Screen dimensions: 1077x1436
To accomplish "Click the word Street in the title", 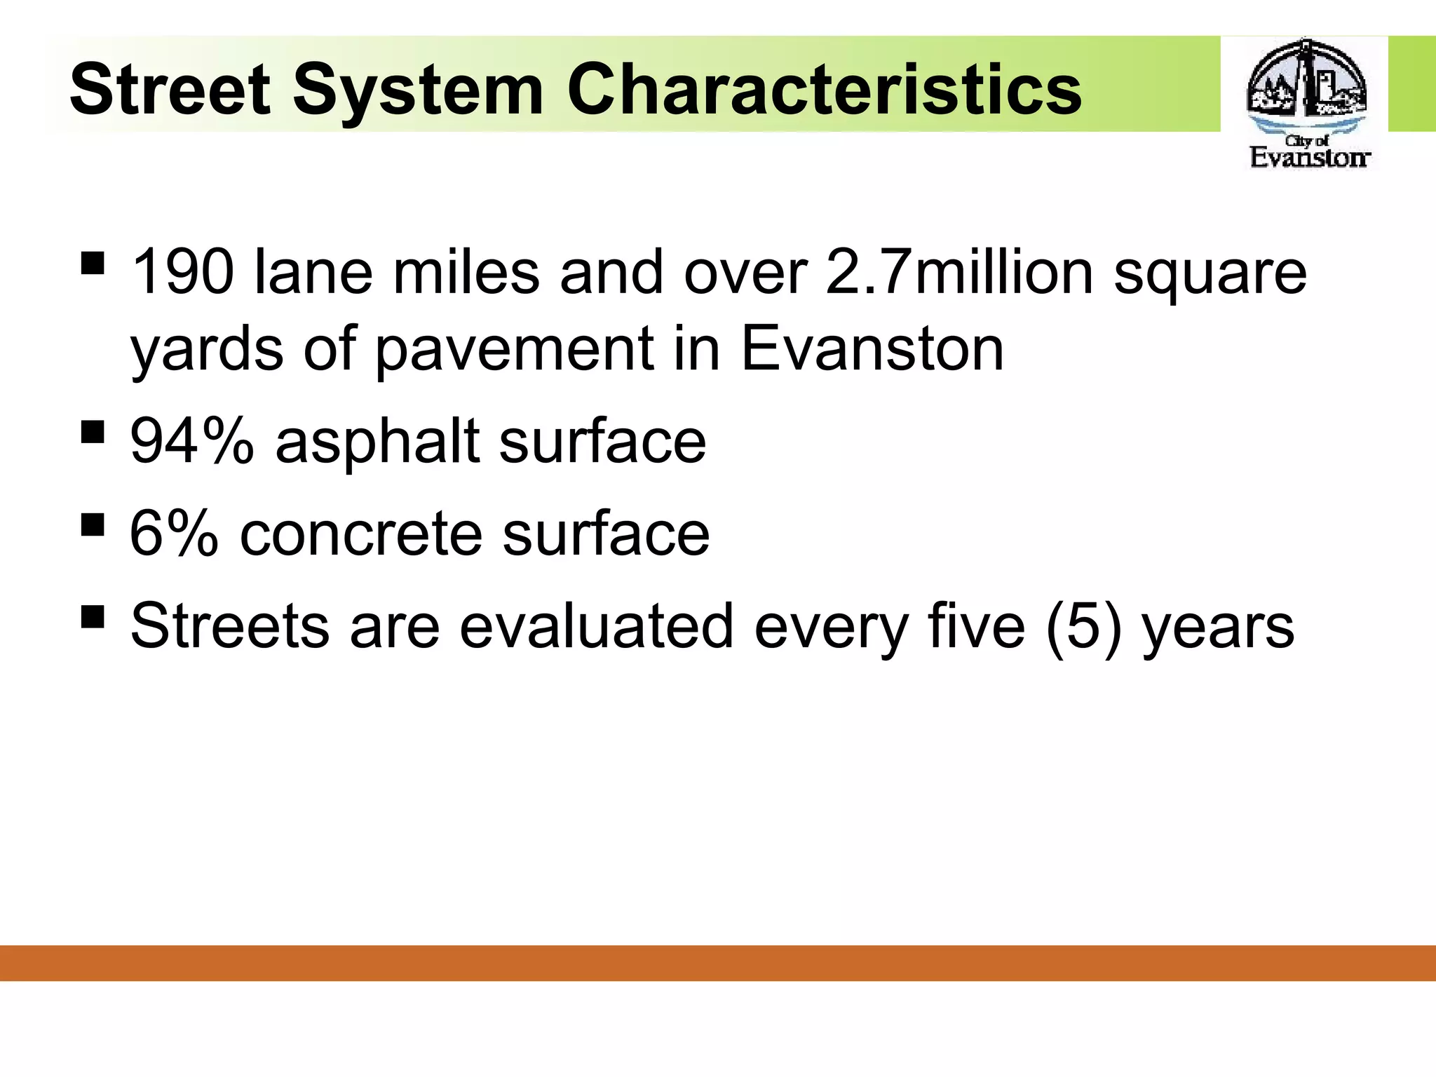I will pos(170,90).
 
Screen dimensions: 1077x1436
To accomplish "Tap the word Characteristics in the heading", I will pos(824,90).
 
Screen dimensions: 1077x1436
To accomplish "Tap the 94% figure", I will pos(191,441).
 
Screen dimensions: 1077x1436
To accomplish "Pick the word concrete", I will pos(360,534).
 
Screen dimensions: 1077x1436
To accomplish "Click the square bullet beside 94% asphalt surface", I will pos(93,433).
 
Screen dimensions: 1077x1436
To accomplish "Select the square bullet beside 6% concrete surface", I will pos(93,524).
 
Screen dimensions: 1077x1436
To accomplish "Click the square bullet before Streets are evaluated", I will pos(93,617).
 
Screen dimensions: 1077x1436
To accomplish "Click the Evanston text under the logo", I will pos(1309,157).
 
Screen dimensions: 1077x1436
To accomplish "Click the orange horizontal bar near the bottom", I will pos(718,963).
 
